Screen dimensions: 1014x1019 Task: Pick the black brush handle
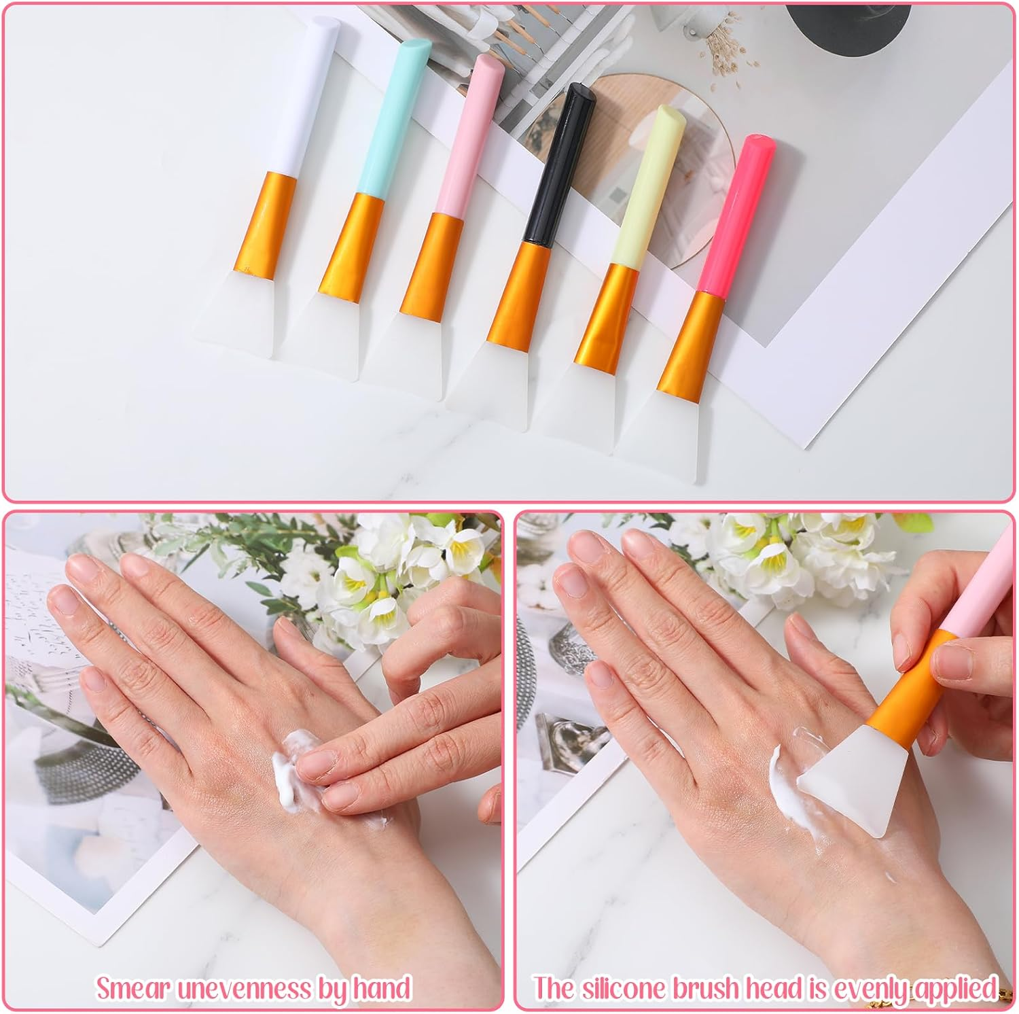click(558, 167)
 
